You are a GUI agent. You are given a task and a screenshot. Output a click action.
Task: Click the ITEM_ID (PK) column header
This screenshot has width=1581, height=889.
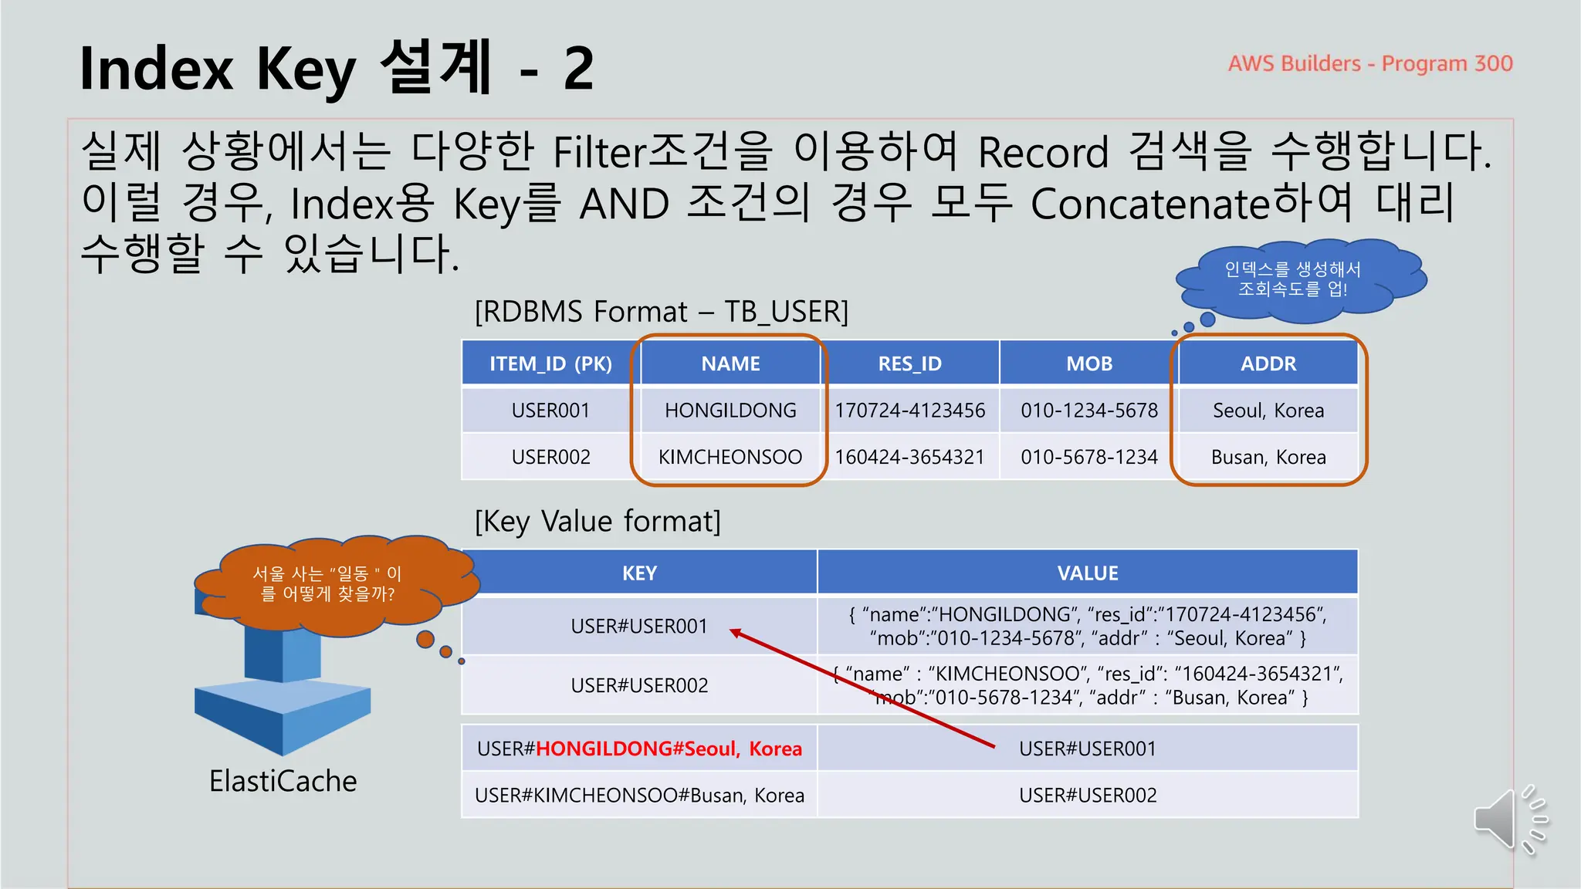[550, 363]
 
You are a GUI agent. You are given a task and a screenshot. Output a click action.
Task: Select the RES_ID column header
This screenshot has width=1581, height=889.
[909, 363]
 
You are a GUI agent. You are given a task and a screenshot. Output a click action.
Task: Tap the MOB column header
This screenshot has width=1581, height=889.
[1088, 363]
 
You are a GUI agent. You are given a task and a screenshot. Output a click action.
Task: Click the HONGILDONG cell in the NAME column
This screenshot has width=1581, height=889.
[730, 411]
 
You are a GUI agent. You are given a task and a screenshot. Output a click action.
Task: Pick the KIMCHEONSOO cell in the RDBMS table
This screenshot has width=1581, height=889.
[730, 457]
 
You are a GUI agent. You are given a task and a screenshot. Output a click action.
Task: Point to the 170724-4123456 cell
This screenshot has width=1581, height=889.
[909, 411]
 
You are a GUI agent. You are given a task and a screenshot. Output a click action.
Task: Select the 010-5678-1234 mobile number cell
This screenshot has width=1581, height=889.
[1088, 457]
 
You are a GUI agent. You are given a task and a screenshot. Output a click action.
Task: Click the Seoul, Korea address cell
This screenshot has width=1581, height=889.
[1268, 411]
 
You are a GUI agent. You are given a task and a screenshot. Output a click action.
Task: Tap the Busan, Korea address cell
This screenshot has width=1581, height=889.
[1268, 457]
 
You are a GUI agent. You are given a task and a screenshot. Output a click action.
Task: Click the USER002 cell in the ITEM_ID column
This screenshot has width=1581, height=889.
[550, 457]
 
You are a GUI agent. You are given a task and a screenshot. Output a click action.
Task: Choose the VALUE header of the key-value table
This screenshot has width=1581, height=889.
[1087, 573]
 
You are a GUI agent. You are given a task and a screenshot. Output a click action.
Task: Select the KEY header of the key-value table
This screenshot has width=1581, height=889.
[639, 573]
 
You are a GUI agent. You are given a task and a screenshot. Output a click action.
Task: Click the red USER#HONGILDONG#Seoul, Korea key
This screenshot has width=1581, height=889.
[639, 749]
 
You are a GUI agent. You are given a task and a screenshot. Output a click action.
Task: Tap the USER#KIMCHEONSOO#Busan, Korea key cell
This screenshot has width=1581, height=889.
[639, 796]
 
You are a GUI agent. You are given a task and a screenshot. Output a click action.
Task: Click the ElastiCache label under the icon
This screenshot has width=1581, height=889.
[283, 781]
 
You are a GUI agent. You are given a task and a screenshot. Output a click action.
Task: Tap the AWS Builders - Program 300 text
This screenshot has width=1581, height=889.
[1370, 63]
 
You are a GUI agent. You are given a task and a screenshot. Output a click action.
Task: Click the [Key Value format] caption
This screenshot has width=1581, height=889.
[598, 522]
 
